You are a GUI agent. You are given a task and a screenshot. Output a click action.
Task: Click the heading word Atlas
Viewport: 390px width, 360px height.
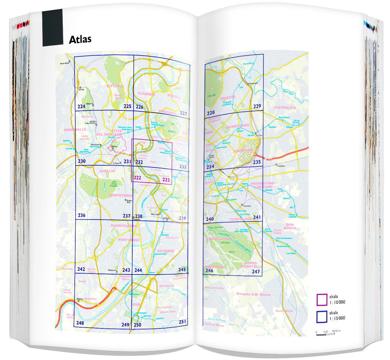point(80,39)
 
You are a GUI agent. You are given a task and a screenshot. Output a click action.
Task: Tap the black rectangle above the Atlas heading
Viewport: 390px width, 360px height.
point(52,27)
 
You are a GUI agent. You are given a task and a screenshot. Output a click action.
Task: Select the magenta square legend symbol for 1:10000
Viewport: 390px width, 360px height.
point(322,300)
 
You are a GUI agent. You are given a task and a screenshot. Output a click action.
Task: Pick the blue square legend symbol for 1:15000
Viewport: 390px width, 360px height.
point(322,317)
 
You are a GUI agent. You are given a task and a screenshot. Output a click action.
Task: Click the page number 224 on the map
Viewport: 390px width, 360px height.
point(81,107)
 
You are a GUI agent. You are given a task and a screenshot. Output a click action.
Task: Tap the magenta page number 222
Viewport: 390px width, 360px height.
point(137,178)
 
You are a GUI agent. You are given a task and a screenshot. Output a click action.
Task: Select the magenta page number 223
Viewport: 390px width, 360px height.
point(166,180)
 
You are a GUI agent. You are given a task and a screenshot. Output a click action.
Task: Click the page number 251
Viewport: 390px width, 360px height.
point(182,322)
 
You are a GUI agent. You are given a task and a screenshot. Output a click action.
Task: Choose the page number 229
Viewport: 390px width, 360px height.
point(257,106)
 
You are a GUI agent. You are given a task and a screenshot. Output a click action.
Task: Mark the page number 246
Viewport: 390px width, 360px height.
point(209,270)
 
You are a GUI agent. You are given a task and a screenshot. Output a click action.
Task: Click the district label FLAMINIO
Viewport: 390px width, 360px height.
point(146,94)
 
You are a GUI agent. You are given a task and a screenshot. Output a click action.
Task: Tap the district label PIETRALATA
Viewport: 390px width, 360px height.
point(285,108)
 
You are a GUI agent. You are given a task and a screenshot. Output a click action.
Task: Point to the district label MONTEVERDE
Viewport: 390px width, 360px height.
point(121,195)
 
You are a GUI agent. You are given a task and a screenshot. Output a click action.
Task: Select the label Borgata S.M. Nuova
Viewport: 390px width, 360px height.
point(253,294)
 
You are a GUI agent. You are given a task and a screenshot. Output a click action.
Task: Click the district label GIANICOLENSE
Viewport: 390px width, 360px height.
point(123,225)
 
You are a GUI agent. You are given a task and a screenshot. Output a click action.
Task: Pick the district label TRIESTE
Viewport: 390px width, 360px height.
point(227,98)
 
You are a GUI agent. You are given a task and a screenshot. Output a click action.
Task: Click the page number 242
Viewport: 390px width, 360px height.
point(81,269)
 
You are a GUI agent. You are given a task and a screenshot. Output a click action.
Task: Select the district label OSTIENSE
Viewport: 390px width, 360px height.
point(166,251)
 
